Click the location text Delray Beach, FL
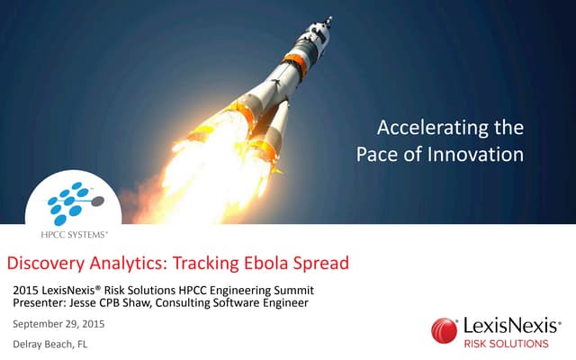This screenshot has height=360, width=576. tap(49, 345)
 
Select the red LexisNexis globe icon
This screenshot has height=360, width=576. tap(444, 329)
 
